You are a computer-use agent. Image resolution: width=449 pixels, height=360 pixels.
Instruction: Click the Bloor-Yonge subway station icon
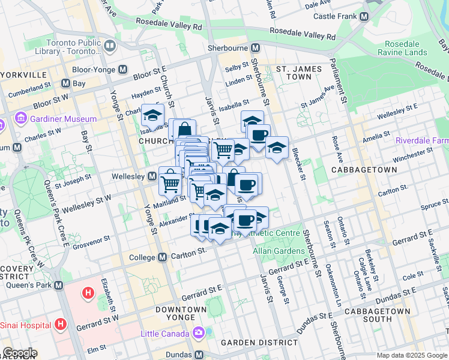click(123, 69)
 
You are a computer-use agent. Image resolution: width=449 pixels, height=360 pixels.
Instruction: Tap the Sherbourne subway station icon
click(256, 48)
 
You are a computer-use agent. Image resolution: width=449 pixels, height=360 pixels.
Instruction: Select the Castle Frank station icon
click(364, 17)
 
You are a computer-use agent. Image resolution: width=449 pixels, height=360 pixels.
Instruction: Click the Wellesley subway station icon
click(152, 176)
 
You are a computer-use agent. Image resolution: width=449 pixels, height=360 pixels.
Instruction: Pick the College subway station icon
click(162, 257)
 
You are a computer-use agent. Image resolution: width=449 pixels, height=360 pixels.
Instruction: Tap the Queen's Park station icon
click(58, 286)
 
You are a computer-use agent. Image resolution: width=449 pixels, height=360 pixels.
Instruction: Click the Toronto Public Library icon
click(110, 46)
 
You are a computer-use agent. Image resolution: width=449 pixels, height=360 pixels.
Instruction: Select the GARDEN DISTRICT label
click(259, 343)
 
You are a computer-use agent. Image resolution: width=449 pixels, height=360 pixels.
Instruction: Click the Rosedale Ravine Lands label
click(402, 48)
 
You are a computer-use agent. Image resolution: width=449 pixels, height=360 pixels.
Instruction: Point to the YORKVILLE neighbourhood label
click(25, 75)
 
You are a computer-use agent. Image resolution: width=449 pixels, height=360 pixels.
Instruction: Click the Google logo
click(20, 353)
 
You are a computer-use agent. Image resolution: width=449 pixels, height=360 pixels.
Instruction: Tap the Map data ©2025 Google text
click(411, 355)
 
